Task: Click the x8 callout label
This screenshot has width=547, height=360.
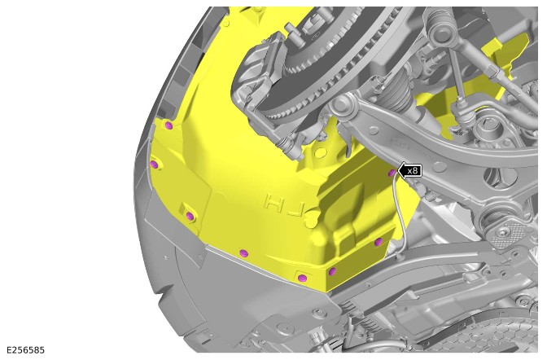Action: click(413, 171)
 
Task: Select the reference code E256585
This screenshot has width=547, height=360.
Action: click(25, 350)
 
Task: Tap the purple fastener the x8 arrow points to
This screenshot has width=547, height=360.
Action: click(392, 173)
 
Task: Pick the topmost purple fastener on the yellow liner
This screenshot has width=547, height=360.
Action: click(168, 125)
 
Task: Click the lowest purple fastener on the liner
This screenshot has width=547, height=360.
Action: click(303, 278)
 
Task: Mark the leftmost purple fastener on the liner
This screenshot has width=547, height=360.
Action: click(154, 164)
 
